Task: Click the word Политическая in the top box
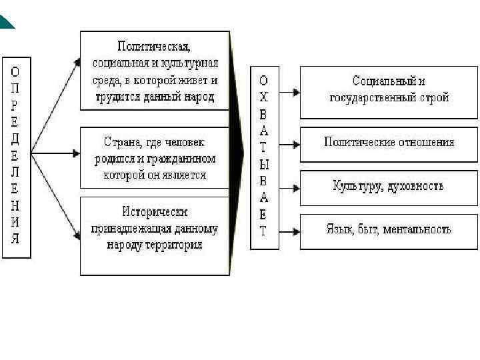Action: tap(154, 47)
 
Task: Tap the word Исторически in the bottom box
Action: tap(155, 212)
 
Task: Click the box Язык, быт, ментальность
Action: tap(389, 230)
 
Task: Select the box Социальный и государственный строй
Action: tap(389, 91)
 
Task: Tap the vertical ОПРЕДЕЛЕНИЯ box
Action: tap(16, 159)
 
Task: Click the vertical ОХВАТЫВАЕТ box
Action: tap(264, 157)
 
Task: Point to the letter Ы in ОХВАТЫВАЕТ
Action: tap(264, 164)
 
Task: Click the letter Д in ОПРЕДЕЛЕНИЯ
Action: tap(15, 139)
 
